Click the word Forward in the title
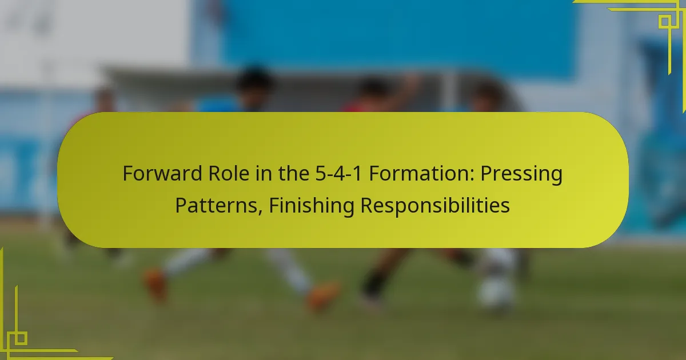click(x=162, y=173)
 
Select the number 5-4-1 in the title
click(x=338, y=173)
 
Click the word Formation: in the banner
click(x=421, y=173)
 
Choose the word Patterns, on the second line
click(x=218, y=205)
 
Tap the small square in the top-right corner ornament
click(x=665, y=22)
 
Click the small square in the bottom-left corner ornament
click(x=21, y=338)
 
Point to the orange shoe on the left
click(x=155, y=285)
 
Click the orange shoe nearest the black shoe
click(x=324, y=295)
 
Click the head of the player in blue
click(x=255, y=83)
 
